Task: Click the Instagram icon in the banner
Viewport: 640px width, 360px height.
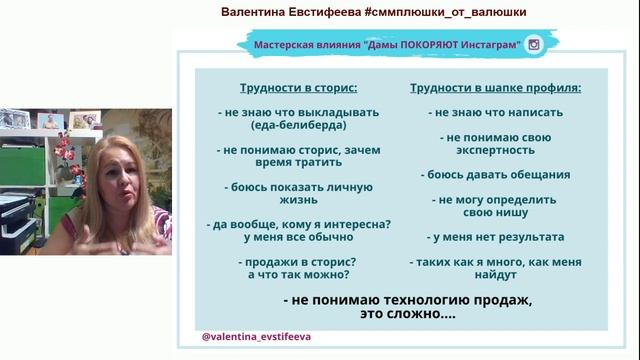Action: [534, 45]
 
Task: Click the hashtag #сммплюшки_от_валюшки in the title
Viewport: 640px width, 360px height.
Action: [437, 11]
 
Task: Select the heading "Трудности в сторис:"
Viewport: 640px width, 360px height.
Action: [291, 87]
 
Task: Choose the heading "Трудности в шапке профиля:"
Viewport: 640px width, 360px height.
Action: [495, 87]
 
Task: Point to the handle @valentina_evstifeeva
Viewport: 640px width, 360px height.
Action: [256, 337]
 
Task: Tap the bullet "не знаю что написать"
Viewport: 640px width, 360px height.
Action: [496, 112]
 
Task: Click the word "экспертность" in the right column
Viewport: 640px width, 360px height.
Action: [496, 149]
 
